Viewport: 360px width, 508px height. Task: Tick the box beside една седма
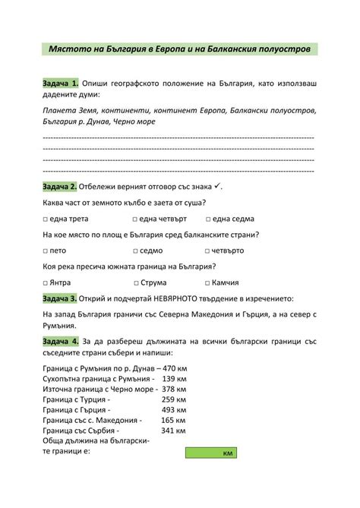pos(209,219)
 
